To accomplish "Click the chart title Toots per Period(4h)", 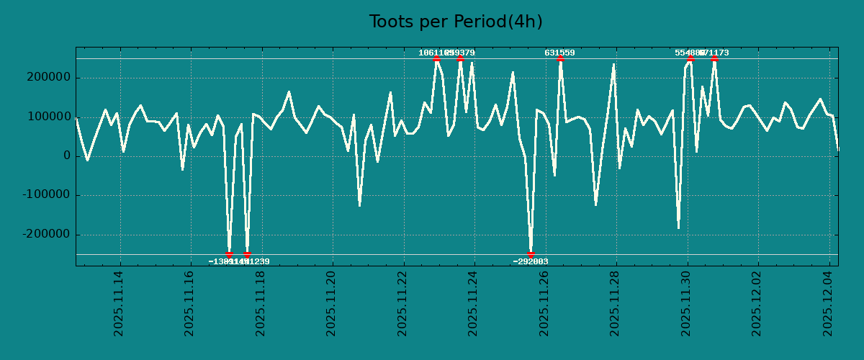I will [x=456, y=22].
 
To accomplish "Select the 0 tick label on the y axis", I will [x=67, y=156].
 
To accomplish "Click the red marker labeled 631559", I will [x=560, y=58].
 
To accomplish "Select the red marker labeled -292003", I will [x=531, y=254].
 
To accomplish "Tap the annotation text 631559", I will [x=559, y=53].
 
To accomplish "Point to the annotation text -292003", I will [x=531, y=261].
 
